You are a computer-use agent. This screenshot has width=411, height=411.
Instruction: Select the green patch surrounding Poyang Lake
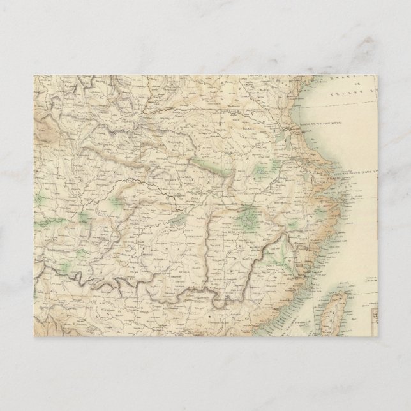coord(247,221)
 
